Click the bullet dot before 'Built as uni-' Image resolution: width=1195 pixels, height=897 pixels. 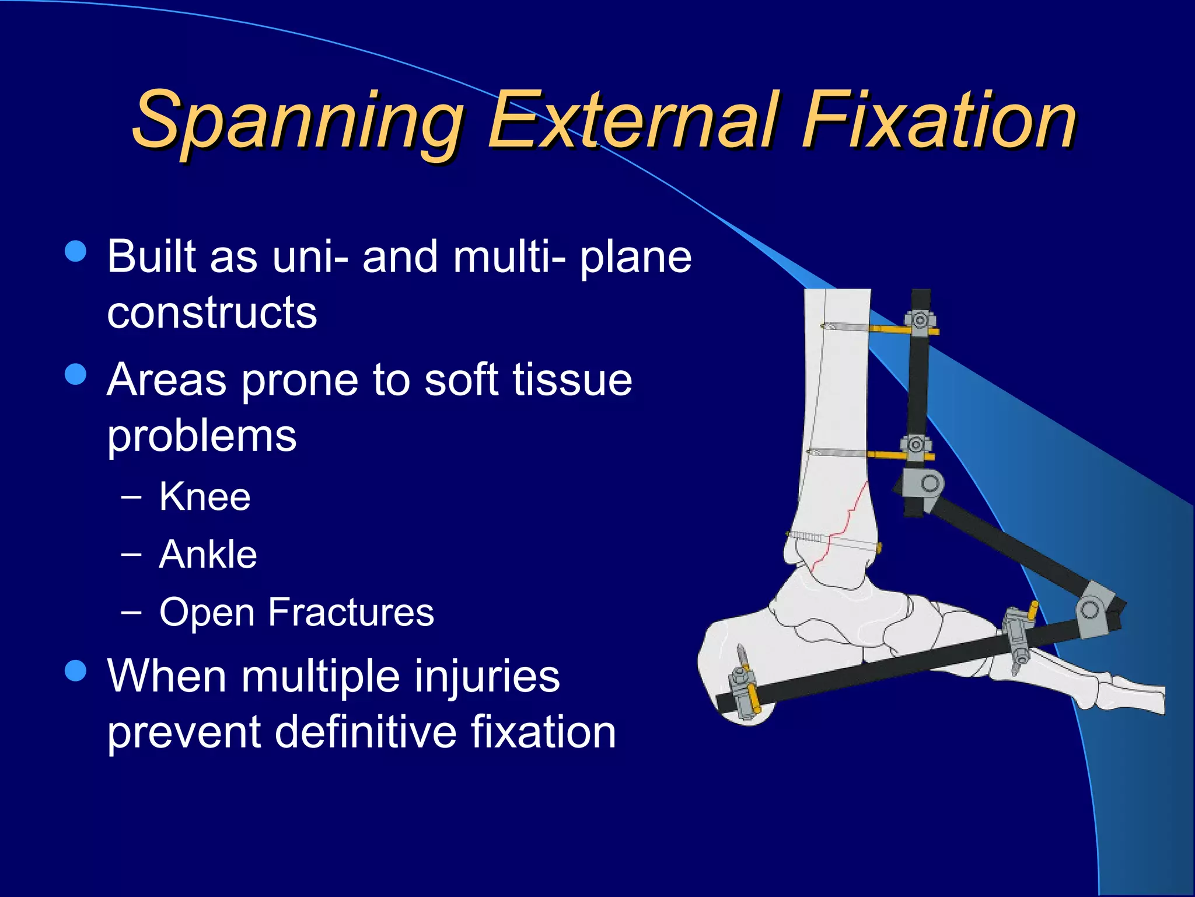click(76, 252)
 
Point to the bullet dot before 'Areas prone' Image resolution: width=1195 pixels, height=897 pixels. click(76, 374)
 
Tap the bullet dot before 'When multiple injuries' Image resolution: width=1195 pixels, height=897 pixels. click(76, 671)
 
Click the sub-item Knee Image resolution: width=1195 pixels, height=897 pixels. click(205, 497)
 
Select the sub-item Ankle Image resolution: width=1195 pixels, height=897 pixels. click(208, 554)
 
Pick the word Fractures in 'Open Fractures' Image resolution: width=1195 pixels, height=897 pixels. click(351, 612)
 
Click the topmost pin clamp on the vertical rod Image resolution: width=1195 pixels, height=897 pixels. click(920, 322)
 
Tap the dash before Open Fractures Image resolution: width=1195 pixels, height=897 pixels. click(131, 612)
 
